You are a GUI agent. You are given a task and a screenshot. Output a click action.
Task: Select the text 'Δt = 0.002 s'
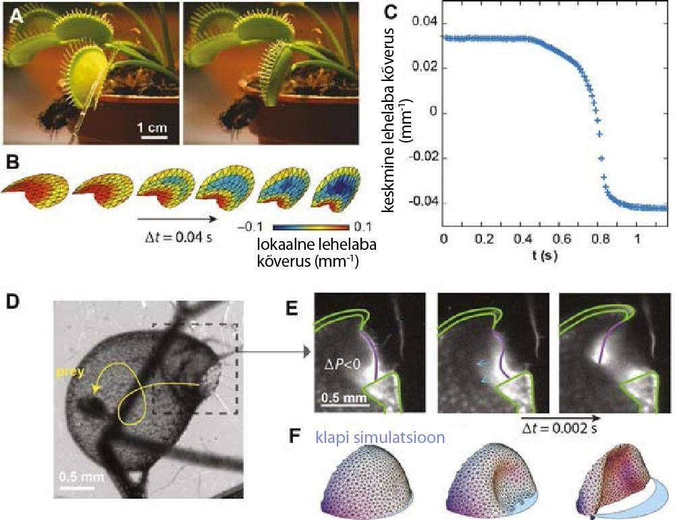pyautogui.click(x=562, y=428)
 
